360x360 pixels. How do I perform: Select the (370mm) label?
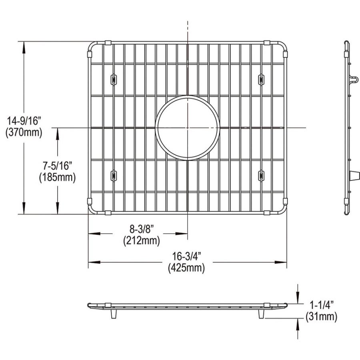[x=24, y=132]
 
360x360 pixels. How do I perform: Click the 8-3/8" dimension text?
[x=142, y=229]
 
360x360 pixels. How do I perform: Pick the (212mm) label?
[x=142, y=241]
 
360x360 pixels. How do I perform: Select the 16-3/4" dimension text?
[x=186, y=256]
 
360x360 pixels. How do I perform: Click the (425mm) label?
[x=186, y=268]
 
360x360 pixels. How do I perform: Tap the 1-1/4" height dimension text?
[x=320, y=305]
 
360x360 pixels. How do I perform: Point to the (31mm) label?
[x=320, y=317]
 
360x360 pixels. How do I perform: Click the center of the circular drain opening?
[x=187, y=128]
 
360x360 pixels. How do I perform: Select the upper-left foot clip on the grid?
[x=113, y=79]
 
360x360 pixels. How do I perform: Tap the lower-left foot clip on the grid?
[x=113, y=175]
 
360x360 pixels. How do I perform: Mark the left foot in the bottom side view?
[x=113, y=314]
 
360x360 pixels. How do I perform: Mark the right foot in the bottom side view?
[x=261, y=314]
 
